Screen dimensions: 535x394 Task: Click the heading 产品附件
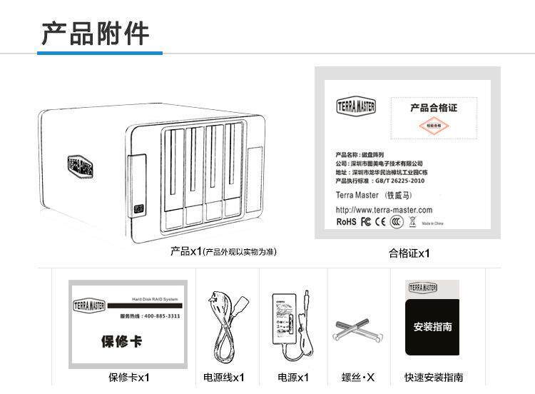95,33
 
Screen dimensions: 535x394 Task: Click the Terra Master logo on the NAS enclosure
81,168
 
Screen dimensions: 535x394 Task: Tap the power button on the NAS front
139,208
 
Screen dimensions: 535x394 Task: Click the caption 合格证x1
409,253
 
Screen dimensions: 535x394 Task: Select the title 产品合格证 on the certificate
433,108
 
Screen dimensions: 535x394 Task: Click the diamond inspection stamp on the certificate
434,126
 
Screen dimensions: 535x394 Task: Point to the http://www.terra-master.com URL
384,210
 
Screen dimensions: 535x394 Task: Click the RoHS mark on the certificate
346,222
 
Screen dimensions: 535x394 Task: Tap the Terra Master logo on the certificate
356,107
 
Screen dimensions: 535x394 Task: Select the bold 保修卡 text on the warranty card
121,342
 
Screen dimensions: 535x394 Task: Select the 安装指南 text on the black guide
432,326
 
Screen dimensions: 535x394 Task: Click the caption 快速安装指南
434,378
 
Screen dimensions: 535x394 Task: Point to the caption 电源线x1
223,378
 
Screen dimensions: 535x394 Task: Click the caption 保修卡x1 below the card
129,378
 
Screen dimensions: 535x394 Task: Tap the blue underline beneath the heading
100,53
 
